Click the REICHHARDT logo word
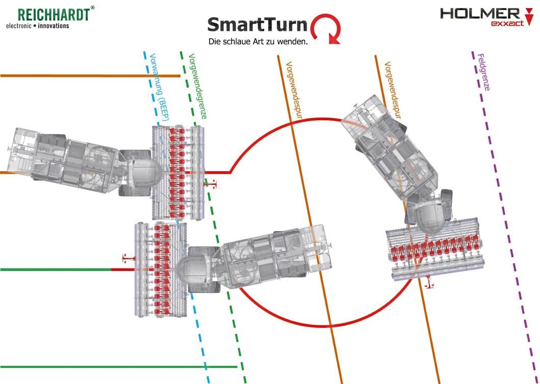(53, 14)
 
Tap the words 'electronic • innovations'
(38, 26)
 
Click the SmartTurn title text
(257, 25)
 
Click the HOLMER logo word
(480, 14)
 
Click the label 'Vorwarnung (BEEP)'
(159, 87)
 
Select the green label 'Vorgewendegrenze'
(198, 86)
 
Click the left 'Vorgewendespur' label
(294, 90)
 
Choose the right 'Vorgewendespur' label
(393, 90)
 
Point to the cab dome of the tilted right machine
(428, 216)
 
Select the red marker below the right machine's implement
(429, 282)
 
